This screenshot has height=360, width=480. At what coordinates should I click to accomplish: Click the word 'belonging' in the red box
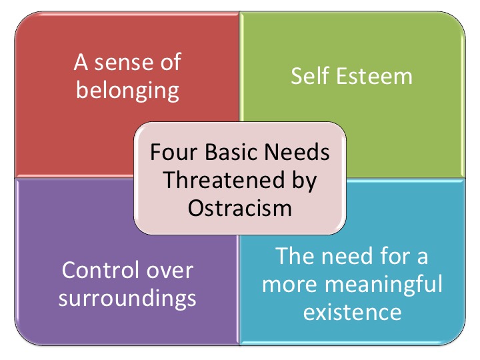point(127,91)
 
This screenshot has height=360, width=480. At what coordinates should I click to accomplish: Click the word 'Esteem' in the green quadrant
point(374,77)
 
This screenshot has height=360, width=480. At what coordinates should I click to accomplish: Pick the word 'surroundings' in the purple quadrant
point(127,299)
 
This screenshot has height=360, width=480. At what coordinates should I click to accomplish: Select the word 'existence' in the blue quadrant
point(353,312)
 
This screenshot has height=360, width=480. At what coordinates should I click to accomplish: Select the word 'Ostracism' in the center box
point(240,208)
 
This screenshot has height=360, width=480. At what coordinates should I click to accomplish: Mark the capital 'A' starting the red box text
point(81,63)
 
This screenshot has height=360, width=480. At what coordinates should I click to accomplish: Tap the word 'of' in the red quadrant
point(171,62)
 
